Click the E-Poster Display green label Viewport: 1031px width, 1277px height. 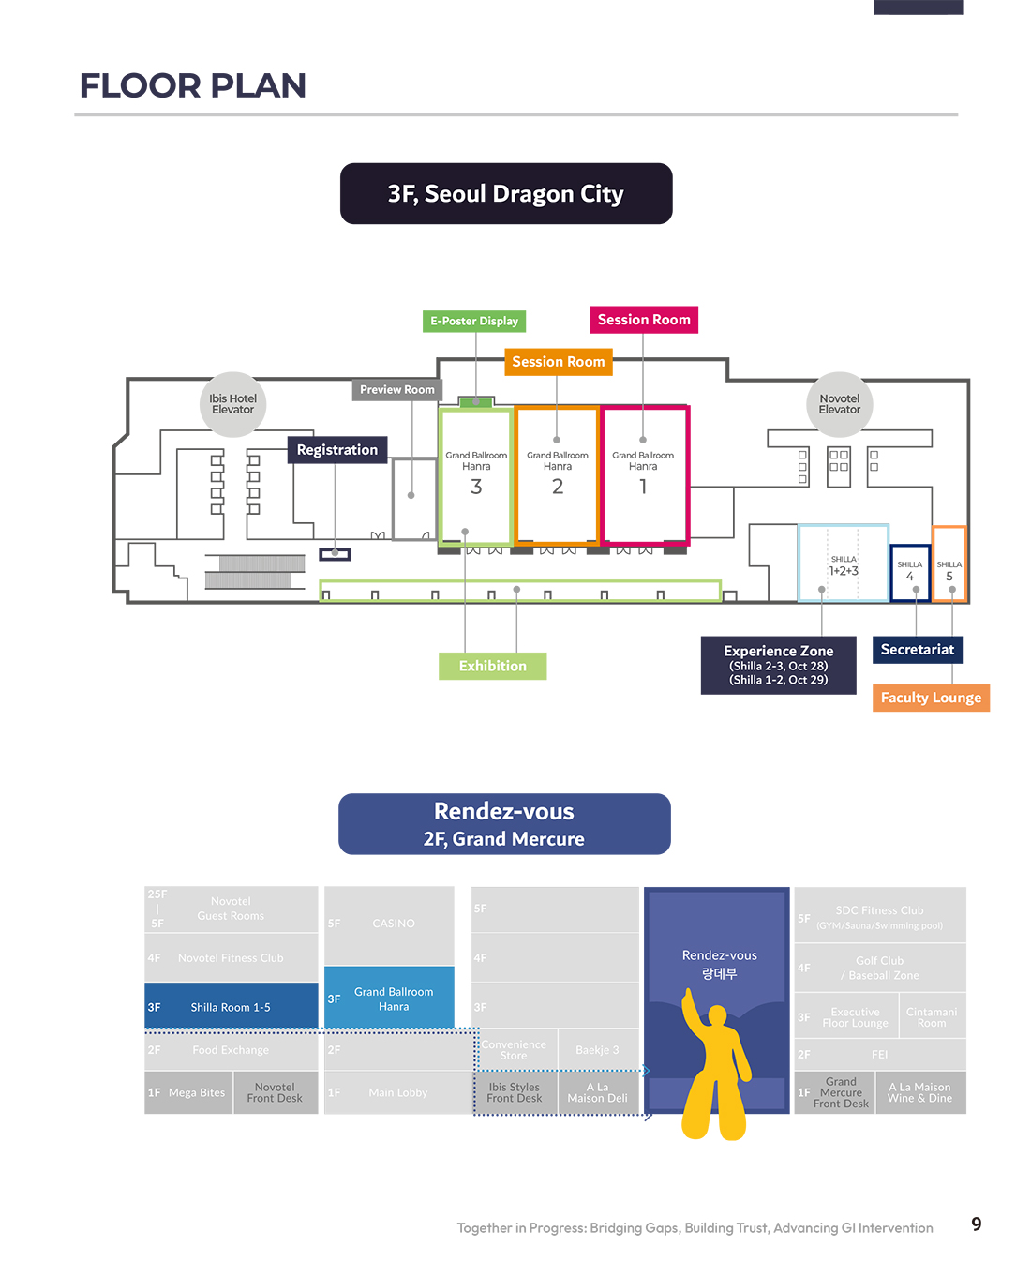tap(474, 321)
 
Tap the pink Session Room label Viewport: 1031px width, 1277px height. tap(644, 320)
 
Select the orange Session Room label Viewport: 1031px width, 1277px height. tap(559, 362)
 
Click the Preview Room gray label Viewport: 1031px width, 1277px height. tap(397, 389)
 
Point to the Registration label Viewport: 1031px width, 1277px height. tap(337, 450)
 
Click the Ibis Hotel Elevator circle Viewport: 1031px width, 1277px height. tap(232, 404)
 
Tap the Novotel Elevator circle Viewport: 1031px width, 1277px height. tap(840, 404)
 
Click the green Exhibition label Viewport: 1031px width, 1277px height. tap(493, 666)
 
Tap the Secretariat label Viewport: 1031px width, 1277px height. tap(918, 649)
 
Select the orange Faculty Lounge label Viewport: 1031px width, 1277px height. tap(931, 698)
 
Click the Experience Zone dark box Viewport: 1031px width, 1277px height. tap(779, 665)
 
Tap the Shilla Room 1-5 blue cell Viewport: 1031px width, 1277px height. tap(231, 1007)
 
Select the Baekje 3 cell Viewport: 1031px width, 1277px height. tap(597, 1050)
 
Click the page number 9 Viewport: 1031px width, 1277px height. tap(977, 1224)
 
